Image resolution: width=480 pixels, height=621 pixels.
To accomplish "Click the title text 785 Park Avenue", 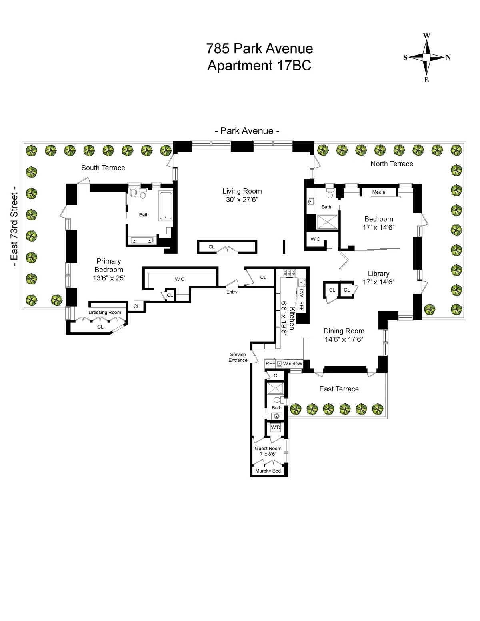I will [x=259, y=48].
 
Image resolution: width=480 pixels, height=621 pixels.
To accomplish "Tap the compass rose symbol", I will [x=426, y=58].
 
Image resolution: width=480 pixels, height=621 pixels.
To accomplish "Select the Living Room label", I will [x=242, y=191].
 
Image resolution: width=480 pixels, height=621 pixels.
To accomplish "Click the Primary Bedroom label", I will [x=108, y=265].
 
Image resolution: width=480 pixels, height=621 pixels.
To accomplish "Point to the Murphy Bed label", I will [x=268, y=471].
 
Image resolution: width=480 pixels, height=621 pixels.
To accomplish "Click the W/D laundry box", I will [x=276, y=427].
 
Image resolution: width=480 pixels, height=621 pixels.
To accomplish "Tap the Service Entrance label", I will [x=238, y=357].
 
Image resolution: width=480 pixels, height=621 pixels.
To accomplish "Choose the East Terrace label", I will [x=339, y=389].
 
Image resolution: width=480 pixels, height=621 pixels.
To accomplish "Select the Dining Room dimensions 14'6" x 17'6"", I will [x=344, y=339].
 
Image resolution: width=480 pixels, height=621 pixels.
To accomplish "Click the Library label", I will [x=378, y=274].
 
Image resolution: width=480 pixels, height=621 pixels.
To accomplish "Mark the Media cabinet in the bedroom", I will [x=378, y=192].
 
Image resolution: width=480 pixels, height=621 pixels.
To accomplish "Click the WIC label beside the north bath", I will [x=315, y=239].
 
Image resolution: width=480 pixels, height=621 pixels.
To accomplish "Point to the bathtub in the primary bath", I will [x=166, y=206].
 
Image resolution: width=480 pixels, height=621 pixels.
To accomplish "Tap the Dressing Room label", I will [x=105, y=313].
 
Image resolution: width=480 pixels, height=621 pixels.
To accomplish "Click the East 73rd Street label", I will [x=14, y=226].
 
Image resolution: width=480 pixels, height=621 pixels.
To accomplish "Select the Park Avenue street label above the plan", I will [x=247, y=131].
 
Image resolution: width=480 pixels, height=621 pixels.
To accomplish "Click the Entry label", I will [x=232, y=292].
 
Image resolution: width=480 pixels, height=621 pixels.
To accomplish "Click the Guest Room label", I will [x=268, y=449].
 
